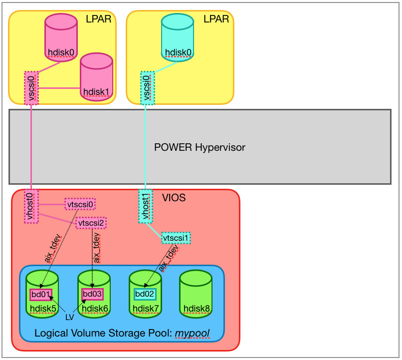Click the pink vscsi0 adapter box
pyautogui.click(x=31, y=88)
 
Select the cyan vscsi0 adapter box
pyautogui.click(x=147, y=88)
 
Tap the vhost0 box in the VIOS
pyautogui.click(x=31, y=206)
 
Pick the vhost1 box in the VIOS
pyautogui.click(x=145, y=206)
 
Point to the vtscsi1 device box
pyautogui.click(x=177, y=238)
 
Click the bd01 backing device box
pyautogui.click(x=41, y=294)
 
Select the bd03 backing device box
pyautogui.click(x=92, y=294)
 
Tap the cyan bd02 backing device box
pyautogui.click(x=145, y=294)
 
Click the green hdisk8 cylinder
pyautogui.click(x=196, y=295)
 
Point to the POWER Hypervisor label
pyautogui.click(x=200, y=148)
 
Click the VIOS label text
pyautogui.click(x=174, y=198)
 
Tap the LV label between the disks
pyautogui.click(x=70, y=317)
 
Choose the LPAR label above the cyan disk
pyautogui.click(x=216, y=19)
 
